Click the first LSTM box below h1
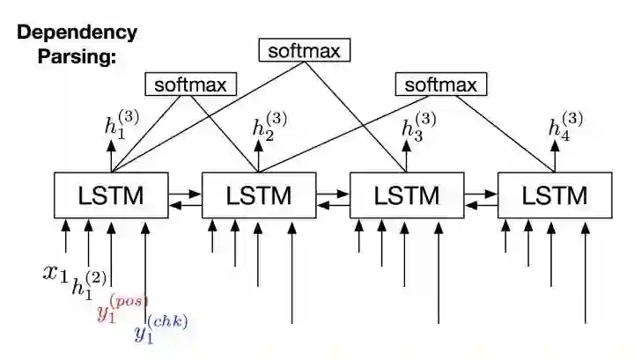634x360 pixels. pos(112,195)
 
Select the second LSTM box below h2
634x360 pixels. pos(259,195)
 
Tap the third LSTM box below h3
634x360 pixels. pos(407,195)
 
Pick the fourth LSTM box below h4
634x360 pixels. pos(555,195)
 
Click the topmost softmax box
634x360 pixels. pos(304,50)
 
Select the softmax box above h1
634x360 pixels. pos(190,84)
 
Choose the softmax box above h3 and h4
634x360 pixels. pos(440,84)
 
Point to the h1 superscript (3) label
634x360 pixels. pos(120,128)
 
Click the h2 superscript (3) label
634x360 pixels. pos(269,126)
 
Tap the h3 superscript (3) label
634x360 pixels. pos(417,126)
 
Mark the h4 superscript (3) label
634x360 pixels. pos(564,126)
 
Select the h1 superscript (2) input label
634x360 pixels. pos(88,286)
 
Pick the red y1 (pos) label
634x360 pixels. pos(121,307)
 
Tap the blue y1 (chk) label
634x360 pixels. pos(159,329)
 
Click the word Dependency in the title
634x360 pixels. pos(77,33)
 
